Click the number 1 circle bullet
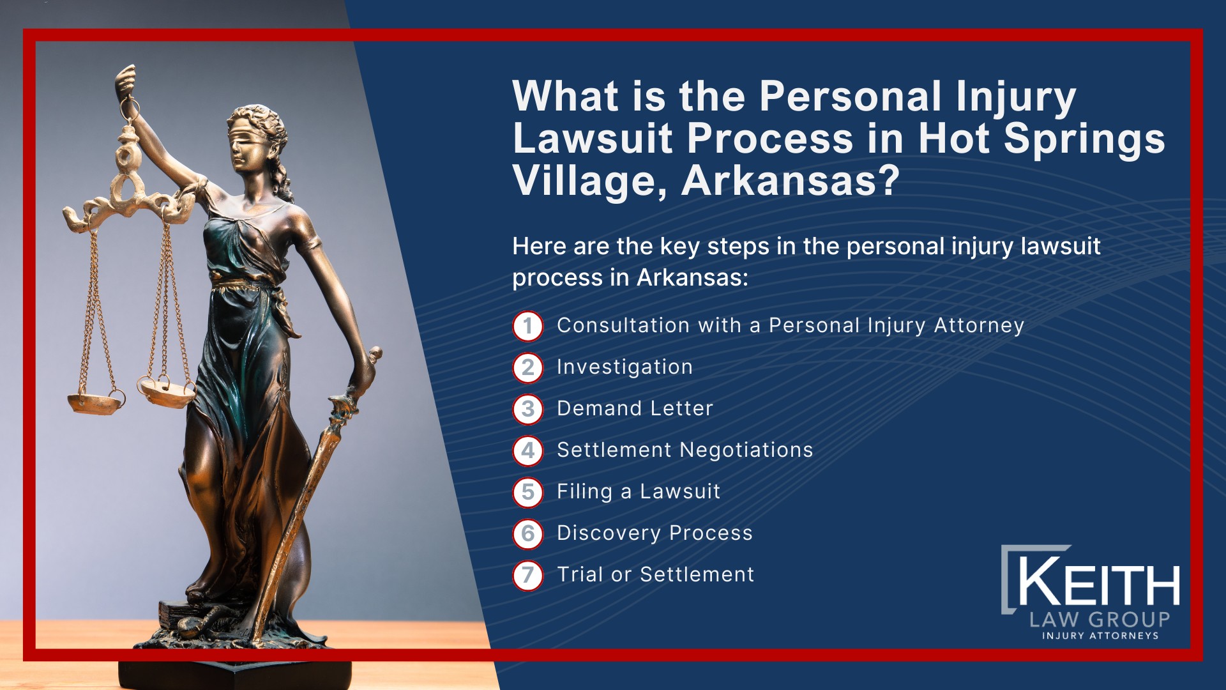click(527, 326)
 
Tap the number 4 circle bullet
click(527, 450)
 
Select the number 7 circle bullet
click(527, 575)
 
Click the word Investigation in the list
click(624, 367)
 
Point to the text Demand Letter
click(635, 408)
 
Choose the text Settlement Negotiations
click(685, 450)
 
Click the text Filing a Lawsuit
click(639, 491)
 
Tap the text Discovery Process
click(655, 533)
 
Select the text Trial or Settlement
click(655, 574)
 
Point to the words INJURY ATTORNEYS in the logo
click(1100, 636)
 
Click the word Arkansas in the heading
click(791, 181)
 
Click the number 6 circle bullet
click(527, 533)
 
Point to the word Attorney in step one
click(979, 326)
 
